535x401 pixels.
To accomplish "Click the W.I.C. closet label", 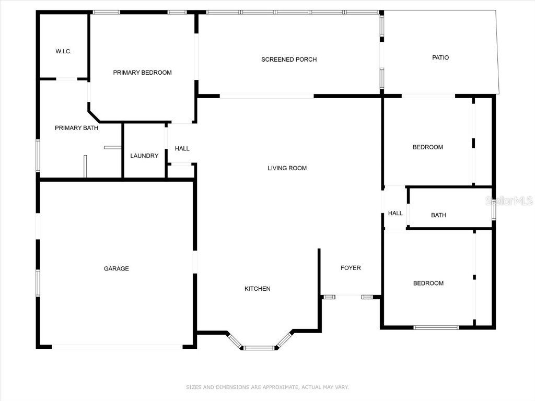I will pyautogui.click(x=63, y=51).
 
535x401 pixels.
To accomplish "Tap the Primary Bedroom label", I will pyautogui.click(x=142, y=73).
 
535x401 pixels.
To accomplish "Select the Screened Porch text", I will pyautogui.click(x=289, y=60).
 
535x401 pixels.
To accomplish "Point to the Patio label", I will pyautogui.click(x=440, y=57).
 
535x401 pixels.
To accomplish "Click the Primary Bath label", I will pyautogui.click(x=76, y=128).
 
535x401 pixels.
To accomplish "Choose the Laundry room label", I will pyautogui.click(x=144, y=156).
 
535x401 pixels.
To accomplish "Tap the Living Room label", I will pyautogui.click(x=287, y=168).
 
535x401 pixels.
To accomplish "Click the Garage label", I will pyautogui.click(x=116, y=269).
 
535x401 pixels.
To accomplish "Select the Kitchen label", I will pyautogui.click(x=258, y=289).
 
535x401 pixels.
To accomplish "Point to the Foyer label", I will pyautogui.click(x=351, y=268).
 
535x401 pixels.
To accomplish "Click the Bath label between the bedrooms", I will pyautogui.click(x=438, y=215).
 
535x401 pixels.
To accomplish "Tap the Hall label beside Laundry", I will pyautogui.click(x=182, y=149).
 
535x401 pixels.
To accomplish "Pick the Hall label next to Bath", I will pyautogui.click(x=395, y=213).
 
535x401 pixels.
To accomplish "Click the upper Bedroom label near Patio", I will pyautogui.click(x=427, y=147).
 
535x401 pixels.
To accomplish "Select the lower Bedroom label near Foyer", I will pyautogui.click(x=428, y=284).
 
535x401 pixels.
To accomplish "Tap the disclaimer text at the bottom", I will pyautogui.click(x=267, y=387).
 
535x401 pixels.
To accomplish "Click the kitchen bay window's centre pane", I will pyautogui.click(x=259, y=348).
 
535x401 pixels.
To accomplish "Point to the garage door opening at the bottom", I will pyautogui.click(x=117, y=347).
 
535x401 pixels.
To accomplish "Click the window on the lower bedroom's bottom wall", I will pyautogui.click(x=436, y=327).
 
